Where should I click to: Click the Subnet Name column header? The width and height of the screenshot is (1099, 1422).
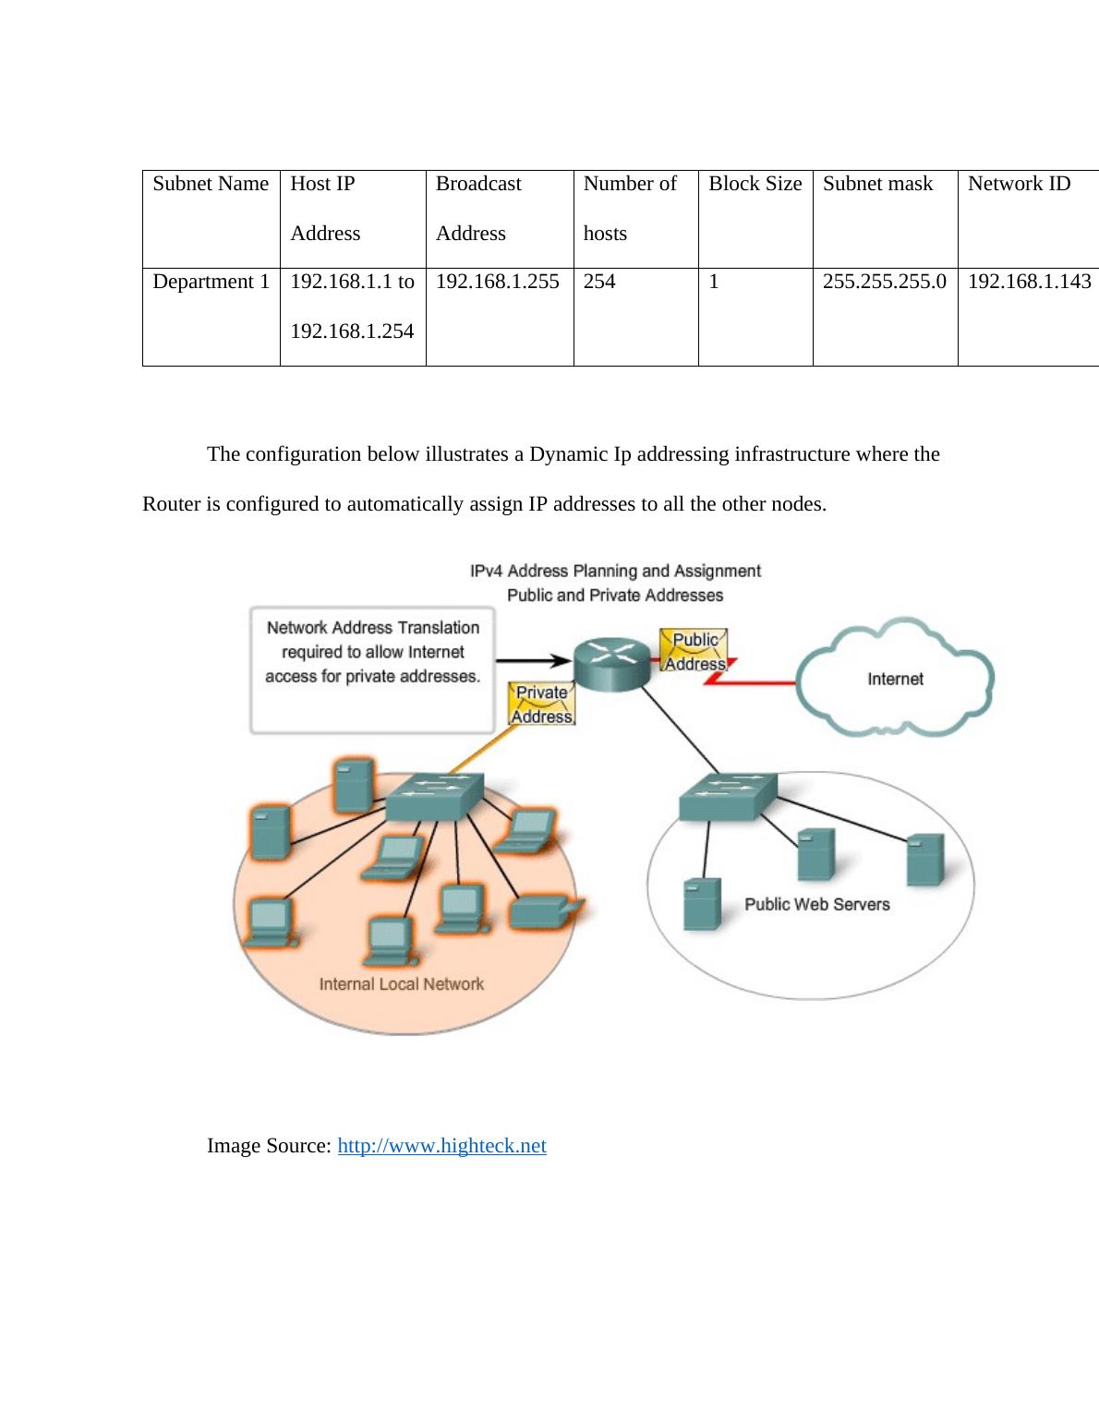(x=211, y=184)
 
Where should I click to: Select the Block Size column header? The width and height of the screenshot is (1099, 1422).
(x=755, y=184)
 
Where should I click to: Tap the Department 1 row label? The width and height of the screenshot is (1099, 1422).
(x=211, y=282)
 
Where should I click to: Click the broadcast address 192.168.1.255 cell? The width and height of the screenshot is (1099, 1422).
(x=497, y=282)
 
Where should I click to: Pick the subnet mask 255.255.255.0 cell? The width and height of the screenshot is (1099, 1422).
(x=884, y=282)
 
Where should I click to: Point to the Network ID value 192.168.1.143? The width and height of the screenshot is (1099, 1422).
(x=1029, y=282)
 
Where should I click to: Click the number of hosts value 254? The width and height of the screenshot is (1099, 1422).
(x=599, y=282)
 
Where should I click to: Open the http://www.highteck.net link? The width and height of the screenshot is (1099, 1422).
(x=441, y=1146)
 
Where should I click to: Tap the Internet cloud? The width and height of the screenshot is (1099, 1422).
(x=894, y=679)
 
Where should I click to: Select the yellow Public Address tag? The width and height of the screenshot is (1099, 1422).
(x=694, y=651)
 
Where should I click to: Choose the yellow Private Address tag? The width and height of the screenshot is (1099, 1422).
(x=541, y=705)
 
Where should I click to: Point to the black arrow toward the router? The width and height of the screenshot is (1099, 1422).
(x=533, y=660)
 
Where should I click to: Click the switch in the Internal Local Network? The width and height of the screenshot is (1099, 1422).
(x=434, y=796)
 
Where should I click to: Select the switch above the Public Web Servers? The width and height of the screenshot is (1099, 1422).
(x=728, y=797)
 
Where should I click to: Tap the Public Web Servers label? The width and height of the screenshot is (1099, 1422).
(x=816, y=905)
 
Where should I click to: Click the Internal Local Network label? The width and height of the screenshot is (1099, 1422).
(x=401, y=984)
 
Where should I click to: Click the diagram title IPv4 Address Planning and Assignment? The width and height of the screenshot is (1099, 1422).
(x=615, y=572)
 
